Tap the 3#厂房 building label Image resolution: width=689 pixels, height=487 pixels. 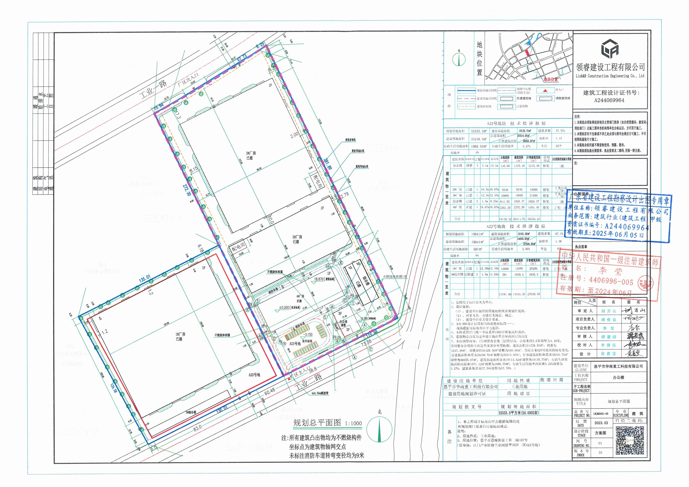(x=249, y=155)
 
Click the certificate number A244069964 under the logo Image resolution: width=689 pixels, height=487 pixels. (x=609, y=100)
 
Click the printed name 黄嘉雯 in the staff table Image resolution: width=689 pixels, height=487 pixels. (x=608, y=354)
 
